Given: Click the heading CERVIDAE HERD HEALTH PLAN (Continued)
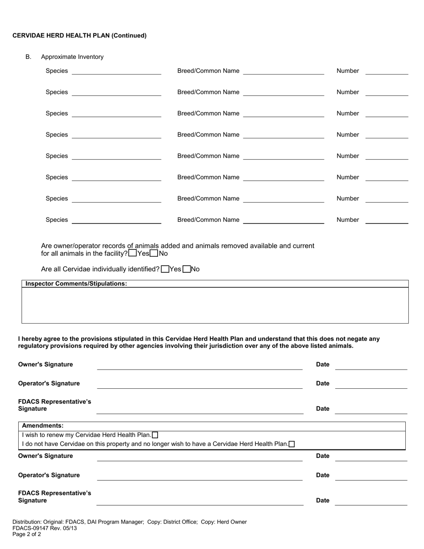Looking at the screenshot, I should click(x=79, y=36).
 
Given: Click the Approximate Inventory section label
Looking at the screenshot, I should click(x=72, y=57).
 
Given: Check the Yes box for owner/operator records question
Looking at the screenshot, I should click(x=133, y=254).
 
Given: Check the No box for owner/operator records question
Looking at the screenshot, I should click(x=154, y=254).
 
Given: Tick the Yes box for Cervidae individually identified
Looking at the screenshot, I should click(x=165, y=269).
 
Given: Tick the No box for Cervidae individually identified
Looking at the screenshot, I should click(x=187, y=269).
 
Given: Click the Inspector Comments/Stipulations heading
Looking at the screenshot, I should click(x=76, y=284).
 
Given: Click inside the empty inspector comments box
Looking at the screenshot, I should click(x=215, y=305).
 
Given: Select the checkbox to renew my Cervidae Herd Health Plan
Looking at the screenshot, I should click(x=155, y=435).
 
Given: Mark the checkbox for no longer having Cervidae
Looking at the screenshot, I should click(x=292, y=444).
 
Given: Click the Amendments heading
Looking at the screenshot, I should click(x=42, y=426).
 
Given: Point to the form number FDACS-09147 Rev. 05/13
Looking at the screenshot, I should click(x=45, y=528).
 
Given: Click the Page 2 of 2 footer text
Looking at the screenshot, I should click(x=27, y=534).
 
